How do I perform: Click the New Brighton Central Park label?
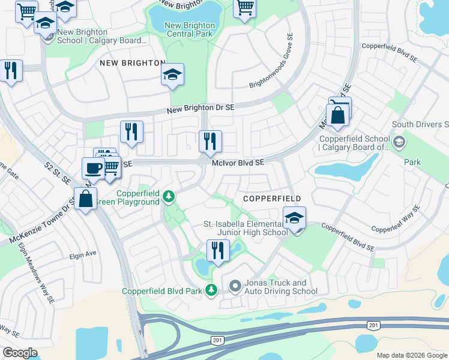pyautogui.click(x=188, y=29)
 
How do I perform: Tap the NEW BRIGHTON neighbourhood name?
pyautogui.click(x=133, y=63)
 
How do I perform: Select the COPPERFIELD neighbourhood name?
pyautogui.click(x=272, y=199)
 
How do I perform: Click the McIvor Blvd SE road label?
pyautogui.click(x=238, y=163)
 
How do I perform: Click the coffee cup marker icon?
pyautogui.click(x=93, y=168)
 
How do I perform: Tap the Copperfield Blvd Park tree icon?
pyautogui.click(x=211, y=290)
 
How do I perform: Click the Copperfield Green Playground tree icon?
pyautogui.click(x=169, y=196)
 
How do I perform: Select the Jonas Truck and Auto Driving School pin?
pyautogui.click(x=235, y=287)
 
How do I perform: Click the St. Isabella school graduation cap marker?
pyautogui.click(x=294, y=218)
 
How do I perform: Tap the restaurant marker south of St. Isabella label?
pyautogui.click(x=218, y=251)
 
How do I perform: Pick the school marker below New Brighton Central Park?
pyautogui.click(x=172, y=75)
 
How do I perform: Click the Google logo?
pyautogui.click(x=20, y=353)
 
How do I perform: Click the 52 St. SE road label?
pyautogui.click(x=58, y=175)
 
